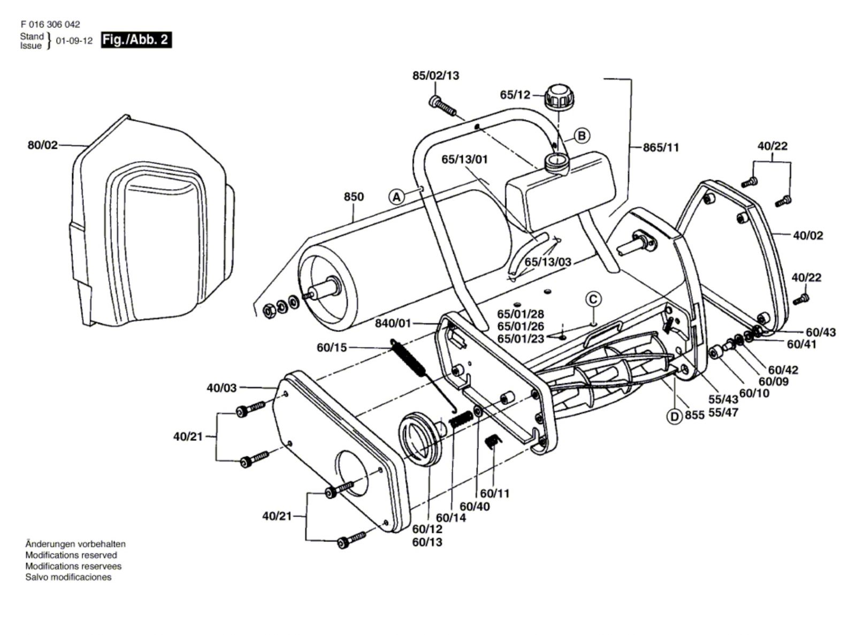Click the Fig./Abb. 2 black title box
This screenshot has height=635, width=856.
136,40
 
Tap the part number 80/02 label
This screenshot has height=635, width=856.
42,145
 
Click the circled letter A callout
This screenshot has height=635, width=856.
396,197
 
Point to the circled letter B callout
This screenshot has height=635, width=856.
582,135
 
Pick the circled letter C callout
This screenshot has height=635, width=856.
593,299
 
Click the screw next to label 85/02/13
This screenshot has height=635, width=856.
443,105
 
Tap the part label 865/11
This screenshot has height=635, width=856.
661,147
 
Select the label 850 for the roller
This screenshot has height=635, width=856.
354,196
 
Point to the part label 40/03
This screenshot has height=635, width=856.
221,387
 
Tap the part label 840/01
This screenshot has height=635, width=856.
393,323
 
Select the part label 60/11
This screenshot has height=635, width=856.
495,493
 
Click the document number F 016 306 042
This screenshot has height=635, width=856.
50,24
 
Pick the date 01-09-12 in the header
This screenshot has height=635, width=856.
74,41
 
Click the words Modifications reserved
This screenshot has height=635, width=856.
71,555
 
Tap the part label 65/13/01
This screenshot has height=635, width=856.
464,159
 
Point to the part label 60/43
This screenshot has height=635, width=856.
821,332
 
